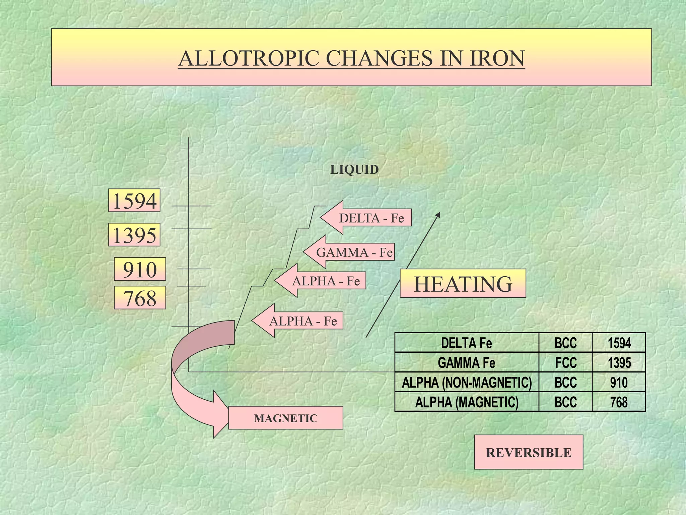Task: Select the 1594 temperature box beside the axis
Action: coord(134,201)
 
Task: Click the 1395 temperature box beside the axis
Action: coord(134,235)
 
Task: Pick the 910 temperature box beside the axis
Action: coord(140,269)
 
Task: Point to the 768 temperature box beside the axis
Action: coord(140,297)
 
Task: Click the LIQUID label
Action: coord(354,170)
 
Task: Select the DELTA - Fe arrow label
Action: coord(366,218)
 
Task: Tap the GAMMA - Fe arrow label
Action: coord(349,252)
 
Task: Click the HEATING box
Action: coord(463,283)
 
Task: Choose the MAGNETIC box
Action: coord(286,418)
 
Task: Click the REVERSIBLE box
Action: coord(529,452)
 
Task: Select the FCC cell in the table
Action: coord(566,362)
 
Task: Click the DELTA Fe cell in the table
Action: coord(467,343)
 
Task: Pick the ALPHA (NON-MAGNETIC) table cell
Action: coord(467,382)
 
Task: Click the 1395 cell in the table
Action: coord(619,362)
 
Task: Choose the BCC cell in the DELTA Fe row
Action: coord(566,343)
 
